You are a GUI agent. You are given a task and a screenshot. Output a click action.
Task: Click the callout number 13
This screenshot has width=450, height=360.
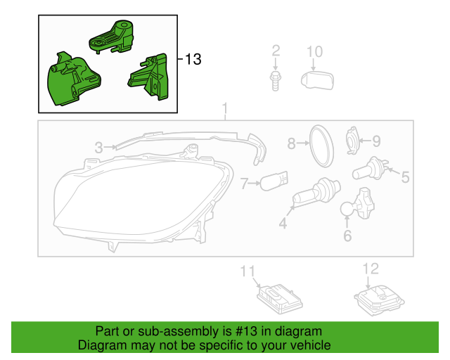point(193,60)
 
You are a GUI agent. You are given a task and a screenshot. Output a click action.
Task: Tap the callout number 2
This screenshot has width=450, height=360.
point(276,51)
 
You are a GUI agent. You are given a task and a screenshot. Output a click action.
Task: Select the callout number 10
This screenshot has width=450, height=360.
point(314,51)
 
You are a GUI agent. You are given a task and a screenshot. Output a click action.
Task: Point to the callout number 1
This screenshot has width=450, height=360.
point(225,109)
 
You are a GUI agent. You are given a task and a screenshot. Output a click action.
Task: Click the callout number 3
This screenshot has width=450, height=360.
point(99,147)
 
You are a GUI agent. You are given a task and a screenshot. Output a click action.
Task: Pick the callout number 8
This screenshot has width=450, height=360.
point(292,143)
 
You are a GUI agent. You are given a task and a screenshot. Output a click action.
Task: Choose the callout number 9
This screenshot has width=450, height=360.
point(375,141)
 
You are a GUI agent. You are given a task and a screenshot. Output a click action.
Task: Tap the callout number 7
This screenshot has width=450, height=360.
point(245,185)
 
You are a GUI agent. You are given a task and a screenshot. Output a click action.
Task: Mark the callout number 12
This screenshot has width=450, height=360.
point(371,268)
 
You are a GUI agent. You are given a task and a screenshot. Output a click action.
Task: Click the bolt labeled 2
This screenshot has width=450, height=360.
point(276,79)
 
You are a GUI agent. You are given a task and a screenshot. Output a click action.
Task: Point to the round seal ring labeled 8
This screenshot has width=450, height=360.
point(322,146)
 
